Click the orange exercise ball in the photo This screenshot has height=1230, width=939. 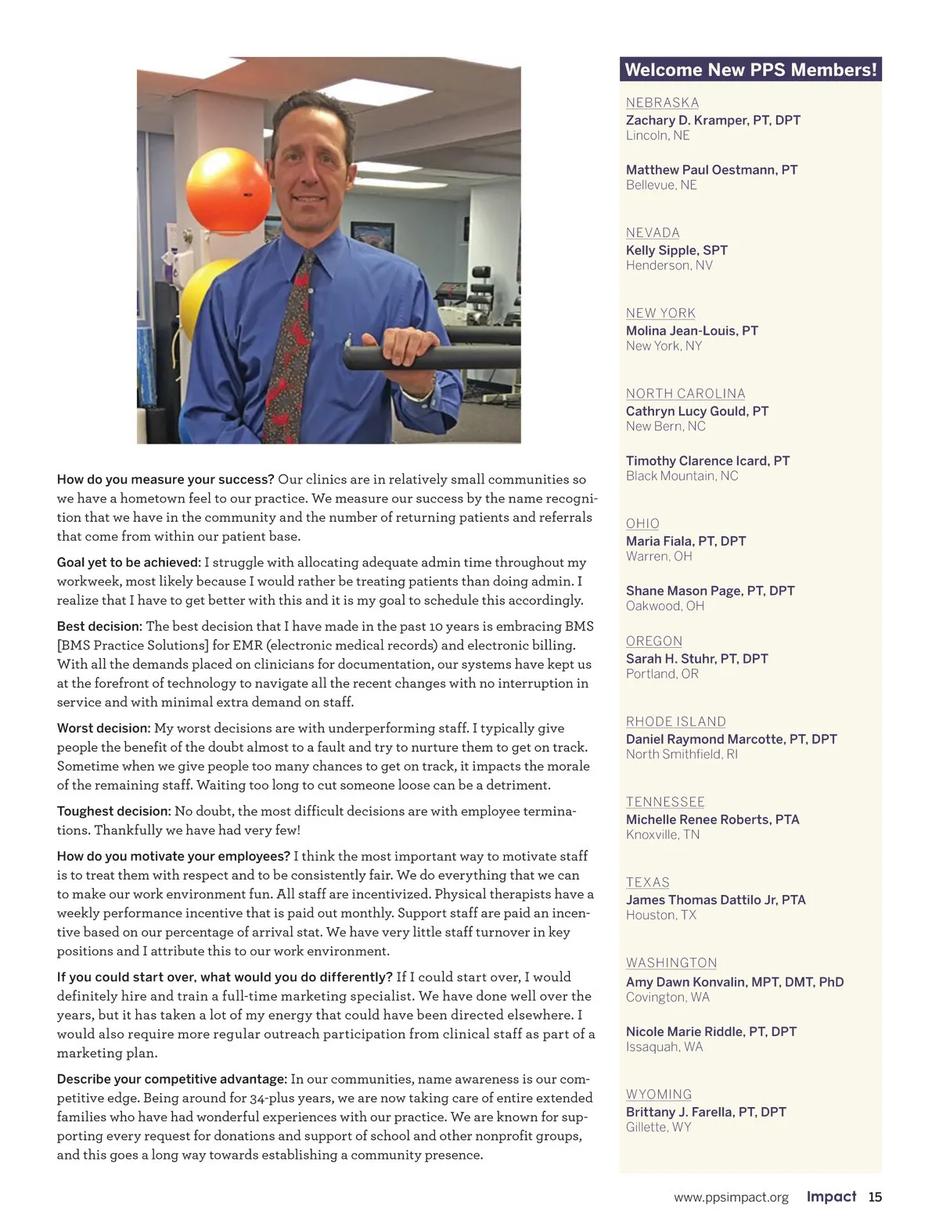coord(228,191)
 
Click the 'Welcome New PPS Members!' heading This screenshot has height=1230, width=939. coord(750,70)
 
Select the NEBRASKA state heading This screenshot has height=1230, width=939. coord(662,102)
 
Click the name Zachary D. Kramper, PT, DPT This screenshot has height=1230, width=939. coord(713,120)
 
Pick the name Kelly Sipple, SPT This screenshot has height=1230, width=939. coord(676,250)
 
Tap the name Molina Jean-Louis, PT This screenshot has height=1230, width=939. coord(692,330)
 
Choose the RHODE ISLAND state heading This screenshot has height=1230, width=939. coord(675,721)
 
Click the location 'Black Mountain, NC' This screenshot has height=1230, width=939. coord(682,476)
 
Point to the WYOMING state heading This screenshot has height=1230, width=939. coord(659,1094)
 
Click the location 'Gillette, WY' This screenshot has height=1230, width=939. coord(658,1127)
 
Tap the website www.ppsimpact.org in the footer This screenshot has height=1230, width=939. coord(731,1197)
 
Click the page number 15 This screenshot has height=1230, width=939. coord(875,1197)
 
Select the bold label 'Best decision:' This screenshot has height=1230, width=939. coord(99,627)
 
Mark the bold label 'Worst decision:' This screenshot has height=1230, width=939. coord(103,728)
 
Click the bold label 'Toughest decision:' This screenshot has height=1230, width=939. coord(113,811)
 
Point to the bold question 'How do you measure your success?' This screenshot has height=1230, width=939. coord(165,480)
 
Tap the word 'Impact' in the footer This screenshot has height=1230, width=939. coord(831,1197)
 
